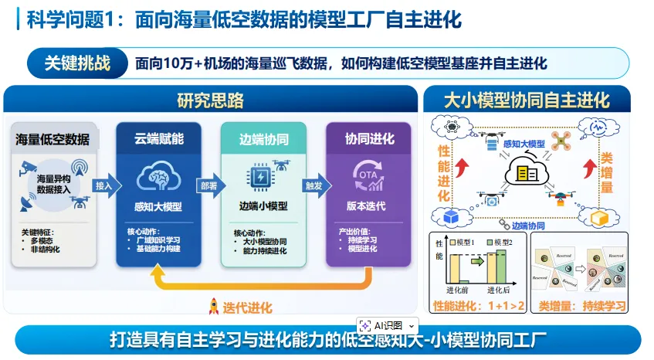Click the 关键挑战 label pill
[76, 63]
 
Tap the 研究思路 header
[210, 100]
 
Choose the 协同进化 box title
[370, 139]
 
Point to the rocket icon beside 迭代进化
[214, 307]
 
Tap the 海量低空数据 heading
[53, 140]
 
